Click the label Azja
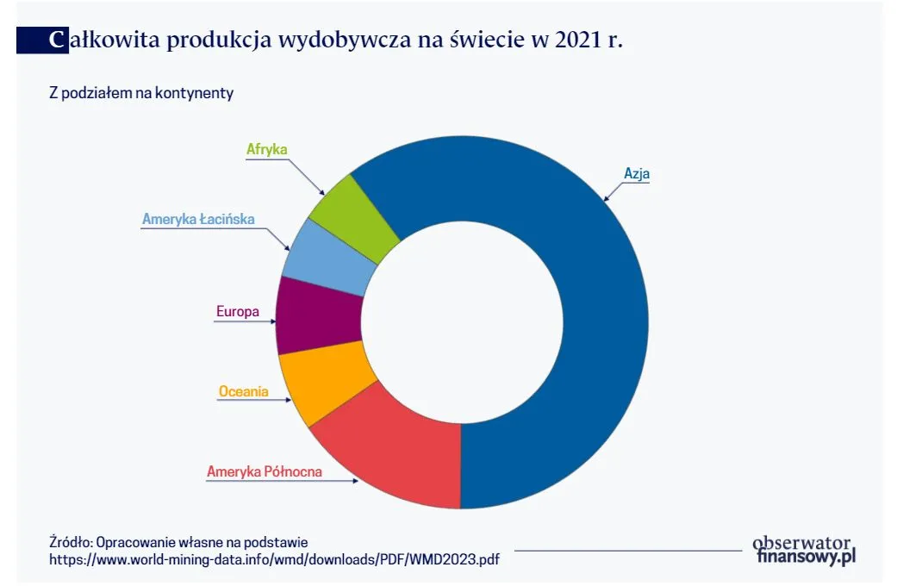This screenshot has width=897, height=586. [x=637, y=173]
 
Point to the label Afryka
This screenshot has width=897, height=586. [x=266, y=149]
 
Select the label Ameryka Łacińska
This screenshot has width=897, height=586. [x=198, y=220]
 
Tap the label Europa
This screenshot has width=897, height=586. [x=237, y=312]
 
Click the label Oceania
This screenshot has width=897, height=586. [x=243, y=391]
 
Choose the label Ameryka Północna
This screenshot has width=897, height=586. [x=265, y=471]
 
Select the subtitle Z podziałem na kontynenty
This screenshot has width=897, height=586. [x=141, y=93]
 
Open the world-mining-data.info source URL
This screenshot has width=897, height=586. [x=274, y=559]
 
